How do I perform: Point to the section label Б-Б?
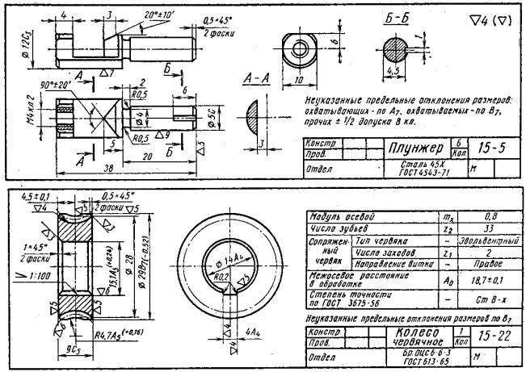pos(396,18)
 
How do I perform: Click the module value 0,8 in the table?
pos(479,217)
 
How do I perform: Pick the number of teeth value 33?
pos(479,229)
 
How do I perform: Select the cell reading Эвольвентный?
pos(479,241)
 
